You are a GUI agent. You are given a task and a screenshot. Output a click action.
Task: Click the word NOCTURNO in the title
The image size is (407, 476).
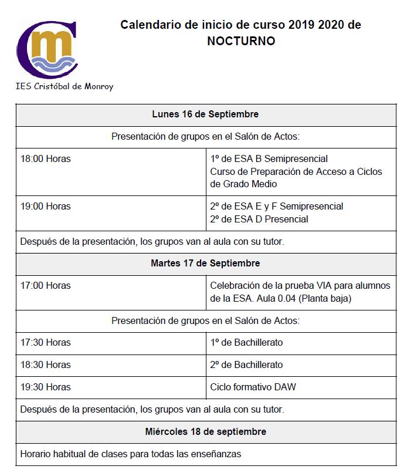coord(240,41)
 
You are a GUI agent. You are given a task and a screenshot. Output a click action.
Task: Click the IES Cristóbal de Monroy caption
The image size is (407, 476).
coord(65,86)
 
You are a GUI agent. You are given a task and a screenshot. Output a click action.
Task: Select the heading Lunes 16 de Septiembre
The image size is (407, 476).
coord(205,114)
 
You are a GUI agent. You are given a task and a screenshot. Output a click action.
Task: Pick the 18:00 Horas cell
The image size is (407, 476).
coord(45,158)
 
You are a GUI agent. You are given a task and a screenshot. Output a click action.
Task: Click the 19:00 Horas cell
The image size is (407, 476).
coord(45,206)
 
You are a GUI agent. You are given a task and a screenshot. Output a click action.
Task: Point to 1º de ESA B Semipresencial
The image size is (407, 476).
coord(269,158)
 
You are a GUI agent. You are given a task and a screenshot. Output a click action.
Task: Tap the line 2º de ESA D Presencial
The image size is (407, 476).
coord(259,219)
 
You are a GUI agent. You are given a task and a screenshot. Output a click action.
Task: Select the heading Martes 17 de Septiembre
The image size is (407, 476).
coord(205,263)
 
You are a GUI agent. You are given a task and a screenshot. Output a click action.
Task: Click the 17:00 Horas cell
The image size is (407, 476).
coord(45,285)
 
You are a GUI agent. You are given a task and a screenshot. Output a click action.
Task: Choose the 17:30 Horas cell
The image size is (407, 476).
coord(45,342)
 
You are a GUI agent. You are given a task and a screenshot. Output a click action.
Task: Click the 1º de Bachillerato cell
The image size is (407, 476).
coord(246,342)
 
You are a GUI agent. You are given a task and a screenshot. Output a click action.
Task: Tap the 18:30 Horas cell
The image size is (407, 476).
coord(45,364)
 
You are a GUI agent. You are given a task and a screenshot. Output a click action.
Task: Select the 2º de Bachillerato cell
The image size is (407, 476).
coord(246,364)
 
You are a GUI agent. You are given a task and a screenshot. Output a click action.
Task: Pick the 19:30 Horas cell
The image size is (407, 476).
coord(45,387)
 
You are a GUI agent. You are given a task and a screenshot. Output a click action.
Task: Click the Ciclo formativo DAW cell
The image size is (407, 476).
coord(253,387)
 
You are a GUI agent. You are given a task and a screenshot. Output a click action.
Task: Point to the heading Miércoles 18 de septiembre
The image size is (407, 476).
coord(205,431)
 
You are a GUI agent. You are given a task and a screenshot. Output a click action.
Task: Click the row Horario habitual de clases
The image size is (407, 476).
coord(130,454)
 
